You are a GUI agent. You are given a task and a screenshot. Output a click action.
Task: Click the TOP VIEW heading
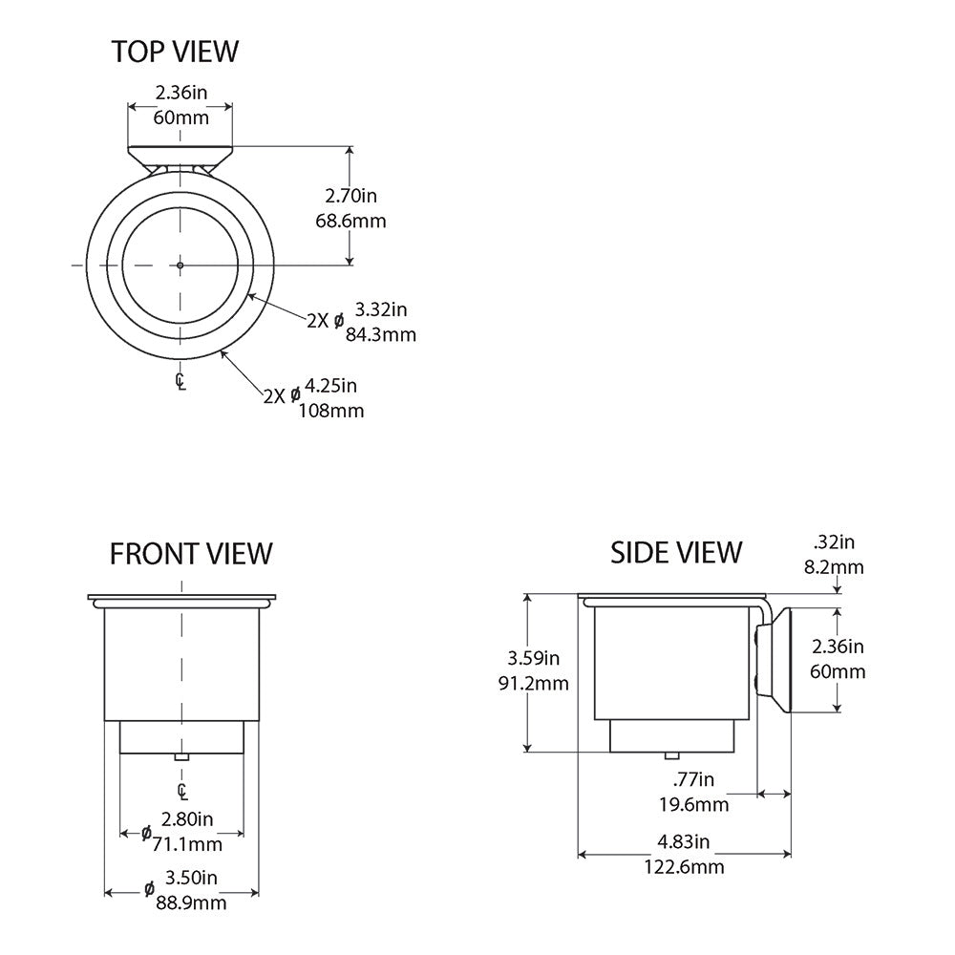(x=175, y=51)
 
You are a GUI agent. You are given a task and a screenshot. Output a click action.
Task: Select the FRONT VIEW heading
(x=191, y=553)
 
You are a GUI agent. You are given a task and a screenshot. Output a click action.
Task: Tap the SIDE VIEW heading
(x=676, y=552)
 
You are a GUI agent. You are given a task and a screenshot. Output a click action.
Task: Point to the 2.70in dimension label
(x=350, y=197)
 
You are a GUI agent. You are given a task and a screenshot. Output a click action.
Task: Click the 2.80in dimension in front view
(x=187, y=818)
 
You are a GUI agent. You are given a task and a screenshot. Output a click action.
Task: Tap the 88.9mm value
(x=191, y=902)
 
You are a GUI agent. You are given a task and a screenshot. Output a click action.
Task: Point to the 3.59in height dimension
(x=533, y=658)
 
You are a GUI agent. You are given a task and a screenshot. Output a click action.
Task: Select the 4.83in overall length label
(x=684, y=841)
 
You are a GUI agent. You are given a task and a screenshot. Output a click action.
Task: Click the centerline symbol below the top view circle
(x=180, y=382)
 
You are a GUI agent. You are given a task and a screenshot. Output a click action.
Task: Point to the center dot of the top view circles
(x=180, y=265)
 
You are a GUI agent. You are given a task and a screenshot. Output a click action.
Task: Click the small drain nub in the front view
(x=180, y=757)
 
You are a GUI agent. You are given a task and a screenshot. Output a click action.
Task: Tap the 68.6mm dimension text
(x=350, y=222)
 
